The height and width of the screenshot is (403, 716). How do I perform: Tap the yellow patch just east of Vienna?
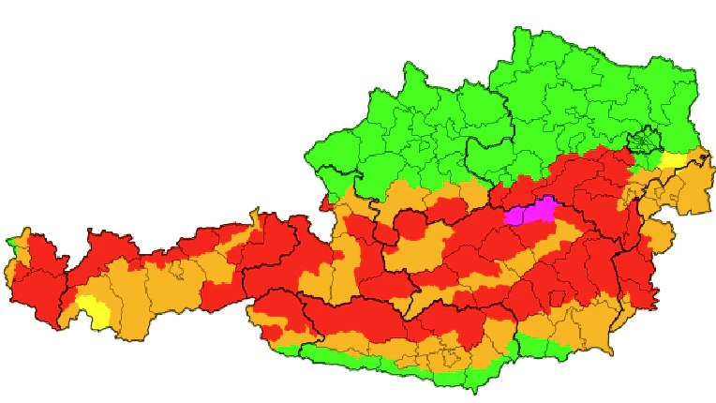[673, 158]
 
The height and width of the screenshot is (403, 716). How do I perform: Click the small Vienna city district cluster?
[645, 143]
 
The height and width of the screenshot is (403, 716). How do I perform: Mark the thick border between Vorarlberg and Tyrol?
[64, 281]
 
